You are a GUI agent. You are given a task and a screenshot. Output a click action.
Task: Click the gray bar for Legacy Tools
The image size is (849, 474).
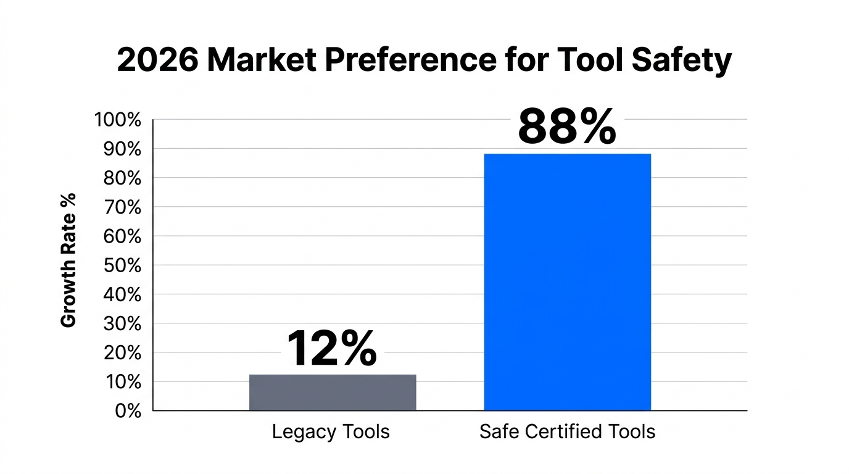tap(333, 392)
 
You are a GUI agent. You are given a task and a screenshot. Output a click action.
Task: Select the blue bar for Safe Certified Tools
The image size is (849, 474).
tap(567, 281)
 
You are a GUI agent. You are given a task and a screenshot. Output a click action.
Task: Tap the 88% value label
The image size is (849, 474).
tap(566, 127)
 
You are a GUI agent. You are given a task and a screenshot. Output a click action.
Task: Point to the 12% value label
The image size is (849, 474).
tap(332, 348)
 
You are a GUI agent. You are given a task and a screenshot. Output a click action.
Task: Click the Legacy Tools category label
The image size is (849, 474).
tap(331, 431)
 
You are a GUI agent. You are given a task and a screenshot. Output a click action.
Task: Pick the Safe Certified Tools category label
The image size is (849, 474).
tap(567, 431)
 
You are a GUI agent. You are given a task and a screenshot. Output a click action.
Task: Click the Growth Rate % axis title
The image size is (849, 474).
tap(68, 260)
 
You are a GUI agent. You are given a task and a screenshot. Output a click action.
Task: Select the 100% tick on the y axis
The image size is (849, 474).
tap(118, 120)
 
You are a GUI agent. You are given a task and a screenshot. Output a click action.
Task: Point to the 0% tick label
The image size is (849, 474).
tap(128, 411)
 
